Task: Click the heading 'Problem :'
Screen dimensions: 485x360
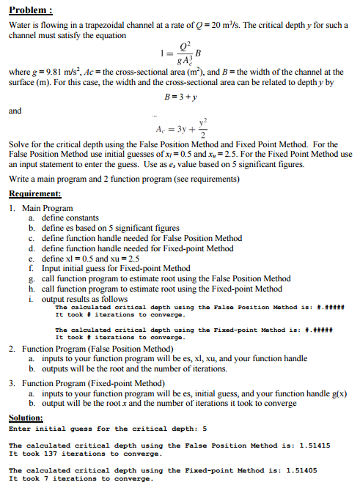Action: tap(29, 10)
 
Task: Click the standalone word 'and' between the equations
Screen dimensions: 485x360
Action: tap(15, 111)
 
